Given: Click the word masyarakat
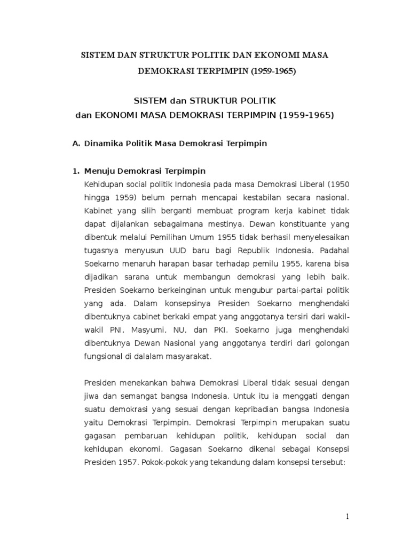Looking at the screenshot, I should point(188,357).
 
